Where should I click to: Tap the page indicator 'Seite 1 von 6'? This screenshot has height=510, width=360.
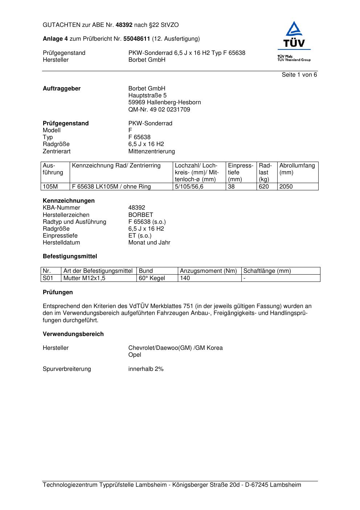pos(299,75)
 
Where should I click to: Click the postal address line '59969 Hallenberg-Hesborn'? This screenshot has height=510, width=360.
pos(164,102)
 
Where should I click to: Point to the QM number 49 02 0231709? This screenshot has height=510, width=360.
pos(159,109)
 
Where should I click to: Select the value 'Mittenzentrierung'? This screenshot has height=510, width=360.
pos(151,151)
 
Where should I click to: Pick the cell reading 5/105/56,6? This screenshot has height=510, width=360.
pos(189,187)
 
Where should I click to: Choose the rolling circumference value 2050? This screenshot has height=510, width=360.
pos(286,187)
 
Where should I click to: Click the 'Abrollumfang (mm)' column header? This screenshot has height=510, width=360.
pos(297,169)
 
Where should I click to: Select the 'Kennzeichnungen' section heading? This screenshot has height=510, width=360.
pos(69,201)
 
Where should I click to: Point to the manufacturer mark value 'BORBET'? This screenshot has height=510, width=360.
pos(141,215)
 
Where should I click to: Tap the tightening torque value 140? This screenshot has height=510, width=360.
pos(185,278)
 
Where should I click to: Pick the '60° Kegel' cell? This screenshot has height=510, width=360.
pos(152,278)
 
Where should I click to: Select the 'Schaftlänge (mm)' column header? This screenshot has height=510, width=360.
pos(267,271)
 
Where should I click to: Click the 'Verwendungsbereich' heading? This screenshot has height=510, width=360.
pos(73,334)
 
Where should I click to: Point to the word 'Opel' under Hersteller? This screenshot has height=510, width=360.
pos(135,355)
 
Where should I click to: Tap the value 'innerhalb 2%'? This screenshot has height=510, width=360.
pos(146,369)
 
